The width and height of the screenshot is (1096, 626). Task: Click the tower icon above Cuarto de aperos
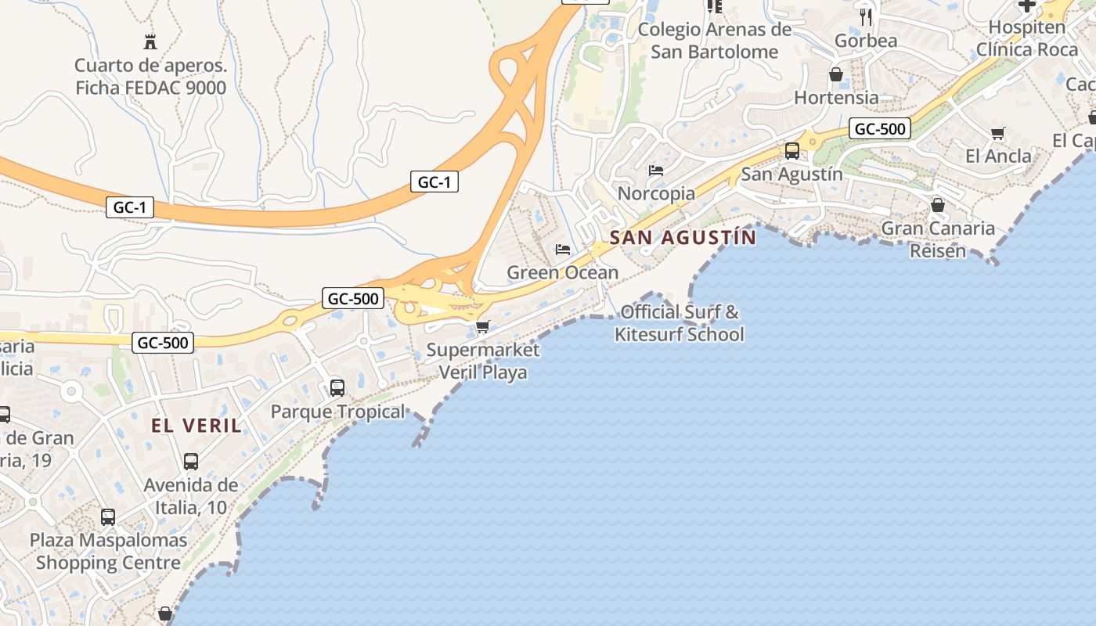pyautogui.click(x=150, y=41)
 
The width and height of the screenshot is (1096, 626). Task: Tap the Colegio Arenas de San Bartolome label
pyautogui.click(x=715, y=41)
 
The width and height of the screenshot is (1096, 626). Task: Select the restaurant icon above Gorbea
pyautogui.click(x=866, y=16)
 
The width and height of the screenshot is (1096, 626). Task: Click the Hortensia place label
pyautogui.click(x=836, y=98)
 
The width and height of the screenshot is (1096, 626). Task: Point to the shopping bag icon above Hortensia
pyautogui.click(x=836, y=75)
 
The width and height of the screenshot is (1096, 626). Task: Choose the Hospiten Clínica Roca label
pyautogui.click(x=1026, y=38)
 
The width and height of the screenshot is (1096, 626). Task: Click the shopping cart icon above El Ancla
pyautogui.click(x=997, y=133)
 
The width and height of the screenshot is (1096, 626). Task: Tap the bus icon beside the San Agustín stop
pyautogui.click(x=792, y=150)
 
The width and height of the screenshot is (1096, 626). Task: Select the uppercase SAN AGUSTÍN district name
pyautogui.click(x=683, y=237)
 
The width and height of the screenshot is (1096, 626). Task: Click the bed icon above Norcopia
pyautogui.click(x=656, y=170)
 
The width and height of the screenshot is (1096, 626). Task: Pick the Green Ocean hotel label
pyautogui.click(x=563, y=272)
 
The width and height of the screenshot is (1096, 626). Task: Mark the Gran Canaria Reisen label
pyautogui.click(x=938, y=239)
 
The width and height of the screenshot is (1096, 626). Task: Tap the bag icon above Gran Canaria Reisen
pyautogui.click(x=938, y=205)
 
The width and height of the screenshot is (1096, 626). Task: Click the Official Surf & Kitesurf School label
pyautogui.click(x=680, y=323)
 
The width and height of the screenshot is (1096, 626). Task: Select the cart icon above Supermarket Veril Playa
pyautogui.click(x=483, y=326)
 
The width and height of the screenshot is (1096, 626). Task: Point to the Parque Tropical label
pyautogui.click(x=338, y=412)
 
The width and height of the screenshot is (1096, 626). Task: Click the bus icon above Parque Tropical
pyautogui.click(x=337, y=387)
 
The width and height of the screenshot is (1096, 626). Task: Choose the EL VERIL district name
pyautogui.click(x=196, y=426)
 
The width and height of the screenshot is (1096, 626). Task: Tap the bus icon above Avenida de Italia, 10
pyautogui.click(x=191, y=462)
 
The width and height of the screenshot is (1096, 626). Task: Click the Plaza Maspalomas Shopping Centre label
pyautogui.click(x=108, y=551)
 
